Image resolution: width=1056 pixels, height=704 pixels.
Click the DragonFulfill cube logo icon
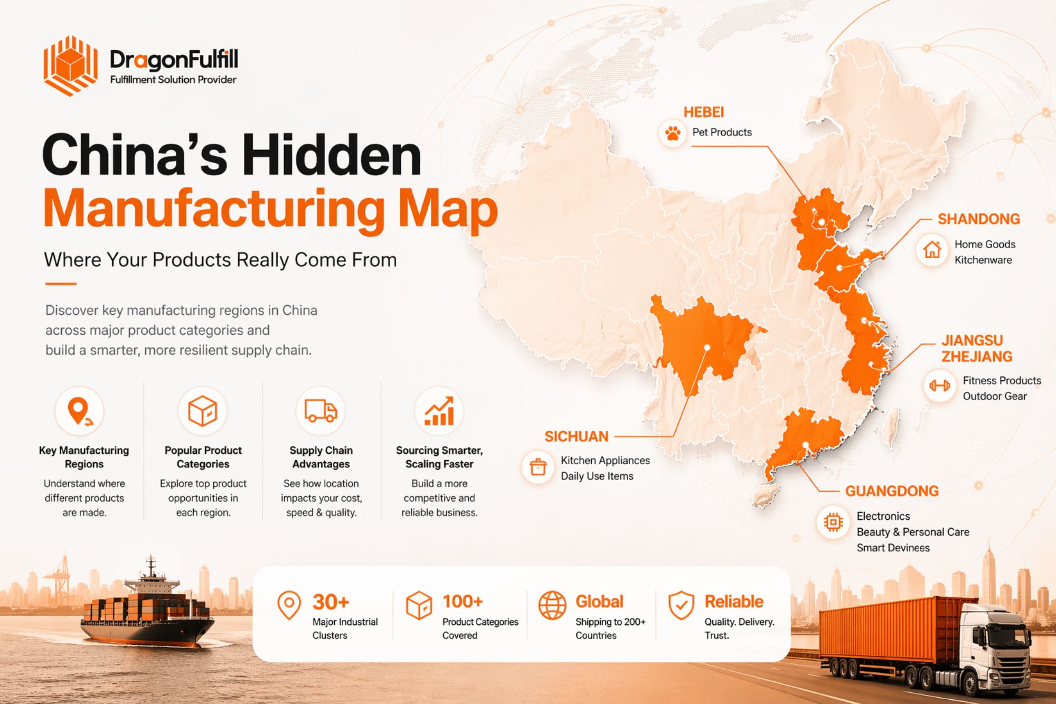coord(70,66)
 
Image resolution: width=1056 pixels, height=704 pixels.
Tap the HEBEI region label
coord(703,112)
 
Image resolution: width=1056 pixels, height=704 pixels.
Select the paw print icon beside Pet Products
coord(672,133)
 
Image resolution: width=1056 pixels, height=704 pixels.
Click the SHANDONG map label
coord(978,219)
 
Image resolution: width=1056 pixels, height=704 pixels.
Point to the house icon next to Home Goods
coord(932,250)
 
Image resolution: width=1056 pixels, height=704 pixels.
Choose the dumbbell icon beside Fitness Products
coord(939,386)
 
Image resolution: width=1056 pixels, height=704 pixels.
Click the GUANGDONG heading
coord(892,491)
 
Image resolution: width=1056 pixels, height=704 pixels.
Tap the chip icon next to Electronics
coord(833,522)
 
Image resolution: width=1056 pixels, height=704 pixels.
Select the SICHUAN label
coord(576,437)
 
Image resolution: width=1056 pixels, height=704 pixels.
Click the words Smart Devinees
coord(893,548)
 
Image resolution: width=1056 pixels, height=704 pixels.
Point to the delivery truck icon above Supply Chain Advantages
coord(320,411)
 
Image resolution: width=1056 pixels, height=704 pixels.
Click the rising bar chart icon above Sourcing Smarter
coord(439,411)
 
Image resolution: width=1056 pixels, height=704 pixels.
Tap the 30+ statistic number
coord(331,602)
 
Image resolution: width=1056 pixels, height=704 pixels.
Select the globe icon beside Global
coord(552,605)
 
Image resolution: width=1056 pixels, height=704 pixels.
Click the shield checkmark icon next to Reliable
coord(681,605)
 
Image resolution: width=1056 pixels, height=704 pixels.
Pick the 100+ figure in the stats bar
coord(463,602)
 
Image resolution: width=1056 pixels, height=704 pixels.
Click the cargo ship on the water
coord(148,613)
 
